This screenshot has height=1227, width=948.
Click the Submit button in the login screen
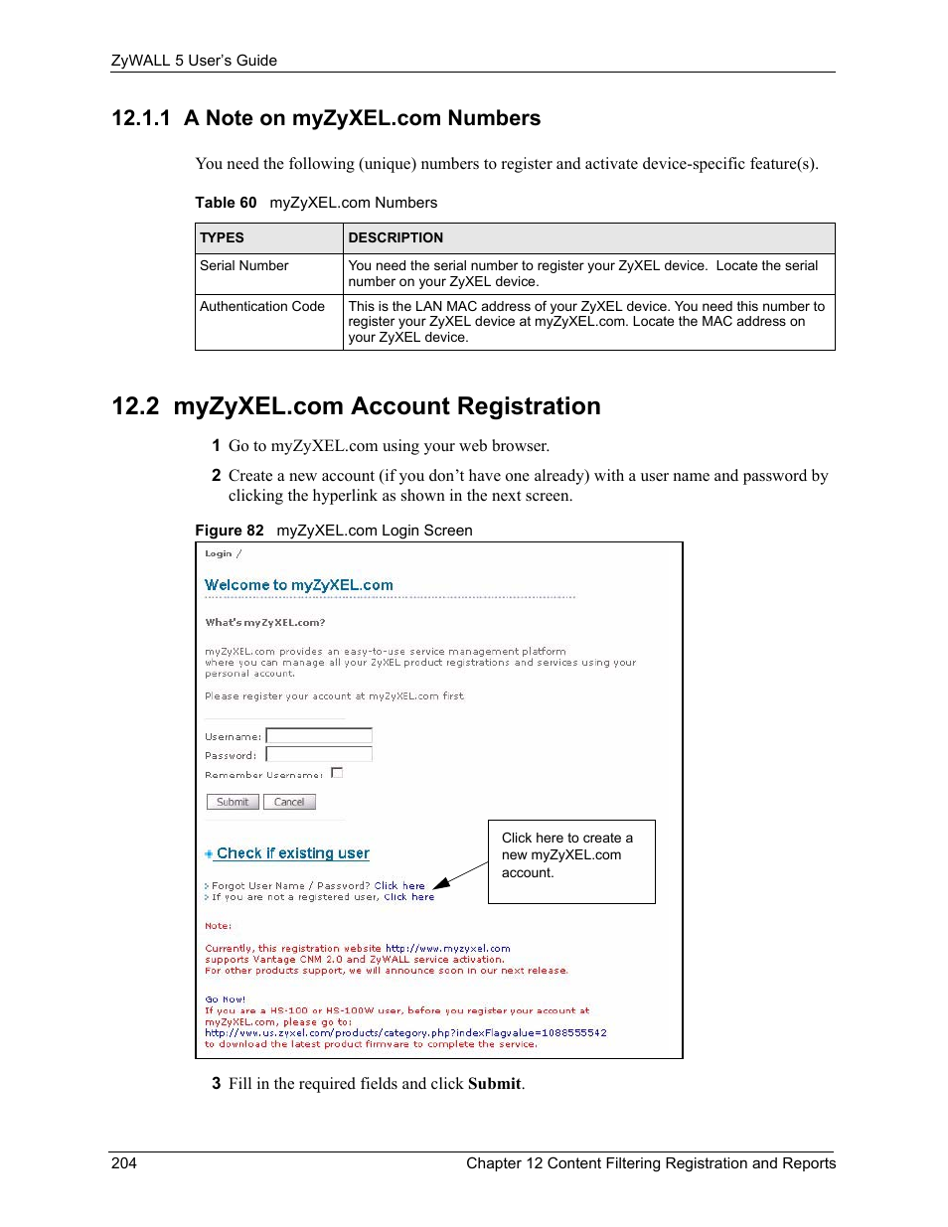coord(233,802)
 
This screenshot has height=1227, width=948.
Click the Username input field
coord(319,736)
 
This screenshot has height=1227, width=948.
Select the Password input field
coord(319,755)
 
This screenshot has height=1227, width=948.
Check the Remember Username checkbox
coord(337,773)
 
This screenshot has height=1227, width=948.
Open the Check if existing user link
coord(292,853)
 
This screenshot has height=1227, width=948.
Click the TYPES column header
coord(222,237)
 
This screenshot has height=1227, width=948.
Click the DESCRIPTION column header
coord(395,237)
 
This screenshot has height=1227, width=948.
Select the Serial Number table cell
coord(244,265)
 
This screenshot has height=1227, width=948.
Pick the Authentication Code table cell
coord(262,306)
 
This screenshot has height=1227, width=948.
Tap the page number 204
coord(124,1163)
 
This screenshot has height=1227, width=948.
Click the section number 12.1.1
coord(141,118)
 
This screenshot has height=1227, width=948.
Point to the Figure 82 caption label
coord(230,531)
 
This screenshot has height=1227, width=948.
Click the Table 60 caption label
coord(226,203)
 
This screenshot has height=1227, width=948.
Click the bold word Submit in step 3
coord(494,1084)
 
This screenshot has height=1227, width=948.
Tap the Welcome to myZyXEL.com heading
coord(299,585)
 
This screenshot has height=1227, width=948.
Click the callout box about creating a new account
coord(570,860)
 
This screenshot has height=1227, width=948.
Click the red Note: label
coord(218,926)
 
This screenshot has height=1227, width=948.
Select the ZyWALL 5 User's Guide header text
coord(194,61)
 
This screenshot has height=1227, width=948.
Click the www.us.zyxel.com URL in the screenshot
coord(405,1033)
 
